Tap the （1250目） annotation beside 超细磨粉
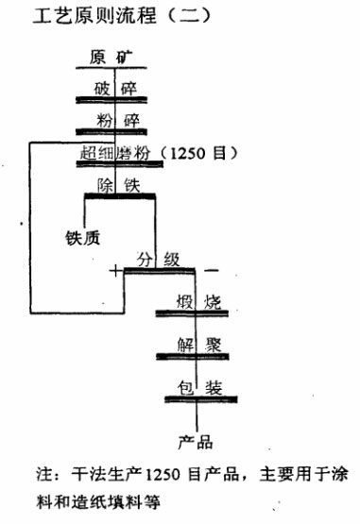(x=198, y=154)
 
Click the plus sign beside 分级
(x=115, y=272)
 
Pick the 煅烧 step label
(x=197, y=303)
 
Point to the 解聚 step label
(x=197, y=345)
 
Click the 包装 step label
(x=197, y=386)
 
